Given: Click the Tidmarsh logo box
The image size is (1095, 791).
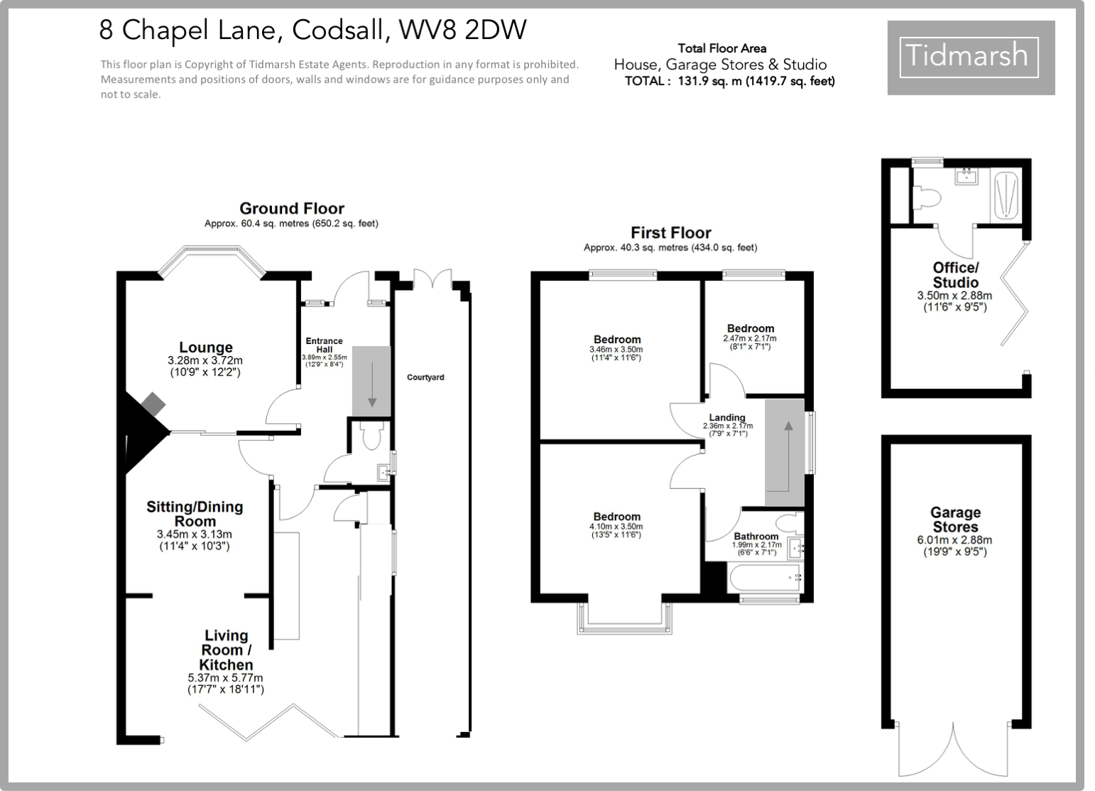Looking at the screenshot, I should tap(970, 57).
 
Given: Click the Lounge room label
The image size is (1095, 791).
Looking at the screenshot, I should tap(205, 348).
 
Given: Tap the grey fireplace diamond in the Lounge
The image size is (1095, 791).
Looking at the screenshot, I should tap(153, 405).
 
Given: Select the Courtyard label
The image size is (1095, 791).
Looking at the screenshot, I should tap(425, 377).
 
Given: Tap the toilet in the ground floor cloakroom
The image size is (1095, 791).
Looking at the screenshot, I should tap(371, 436).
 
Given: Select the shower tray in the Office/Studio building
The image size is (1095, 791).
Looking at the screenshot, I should tap(1005, 195).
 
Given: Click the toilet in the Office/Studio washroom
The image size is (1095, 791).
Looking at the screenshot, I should tap(927, 197).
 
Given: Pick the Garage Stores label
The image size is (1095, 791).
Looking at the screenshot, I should tap(955, 520).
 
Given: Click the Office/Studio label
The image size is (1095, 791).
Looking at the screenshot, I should tap(955, 274).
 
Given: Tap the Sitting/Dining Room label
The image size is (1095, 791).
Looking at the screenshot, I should tap(195, 513).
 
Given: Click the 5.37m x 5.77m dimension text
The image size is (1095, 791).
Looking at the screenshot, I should tap(225, 678).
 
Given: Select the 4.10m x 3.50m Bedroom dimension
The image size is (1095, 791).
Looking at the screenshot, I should tap(616, 527).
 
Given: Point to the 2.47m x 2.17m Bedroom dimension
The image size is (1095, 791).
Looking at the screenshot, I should tap(750, 338).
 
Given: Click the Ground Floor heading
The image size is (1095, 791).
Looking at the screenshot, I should tap(291, 208).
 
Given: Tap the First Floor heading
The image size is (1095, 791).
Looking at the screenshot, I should tap(670, 232).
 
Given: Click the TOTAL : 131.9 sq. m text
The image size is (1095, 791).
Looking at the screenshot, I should tap(729, 81).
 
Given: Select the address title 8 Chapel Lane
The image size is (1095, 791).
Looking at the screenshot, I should tap(312, 30).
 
